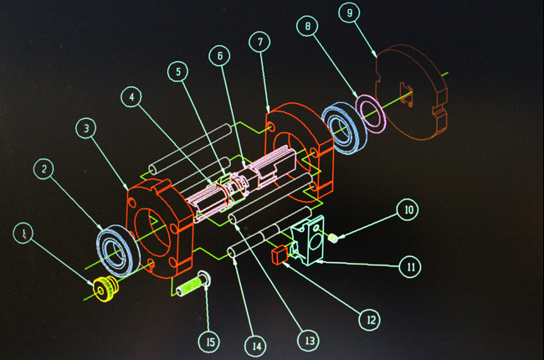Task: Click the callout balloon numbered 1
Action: [23, 233]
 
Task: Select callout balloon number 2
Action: [44, 169]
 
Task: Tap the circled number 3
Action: [86, 128]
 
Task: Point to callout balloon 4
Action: [131, 97]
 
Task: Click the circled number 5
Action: [178, 71]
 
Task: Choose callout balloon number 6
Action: [219, 56]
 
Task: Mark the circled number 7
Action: [259, 42]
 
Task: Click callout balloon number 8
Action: [307, 26]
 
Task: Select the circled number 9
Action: [349, 13]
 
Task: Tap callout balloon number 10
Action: [408, 209]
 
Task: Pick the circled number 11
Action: [410, 267]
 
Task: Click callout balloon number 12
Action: [370, 319]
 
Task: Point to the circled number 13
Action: [309, 341]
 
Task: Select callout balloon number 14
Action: [256, 346]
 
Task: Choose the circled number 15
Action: [209, 342]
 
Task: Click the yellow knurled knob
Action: [105, 289]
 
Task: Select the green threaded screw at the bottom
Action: [192, 285]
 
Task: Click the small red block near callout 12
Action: [280, 255]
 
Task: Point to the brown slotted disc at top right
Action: [412, 92]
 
